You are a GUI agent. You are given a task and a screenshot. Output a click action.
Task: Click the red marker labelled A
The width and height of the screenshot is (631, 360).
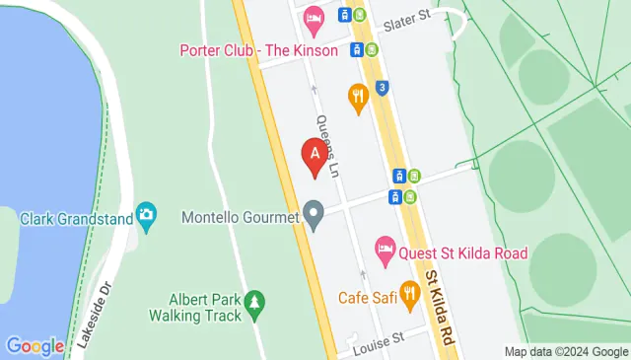[x=315, y=157]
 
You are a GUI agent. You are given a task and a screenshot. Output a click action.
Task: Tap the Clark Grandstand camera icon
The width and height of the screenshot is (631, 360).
[x=147, y=215]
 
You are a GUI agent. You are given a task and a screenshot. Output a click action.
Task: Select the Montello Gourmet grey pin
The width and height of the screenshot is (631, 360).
[x=314, y=214]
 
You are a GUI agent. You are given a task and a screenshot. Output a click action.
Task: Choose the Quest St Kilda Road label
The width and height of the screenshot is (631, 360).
[x=463, y=252]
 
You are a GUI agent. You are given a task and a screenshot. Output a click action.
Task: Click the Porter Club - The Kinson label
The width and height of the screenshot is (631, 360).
[x=258, y=50]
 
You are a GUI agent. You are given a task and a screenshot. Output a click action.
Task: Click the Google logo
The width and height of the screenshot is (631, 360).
[x=35, y=346]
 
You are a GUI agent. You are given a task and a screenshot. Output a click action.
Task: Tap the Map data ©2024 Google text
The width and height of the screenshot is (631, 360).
[x=565, y=352]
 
